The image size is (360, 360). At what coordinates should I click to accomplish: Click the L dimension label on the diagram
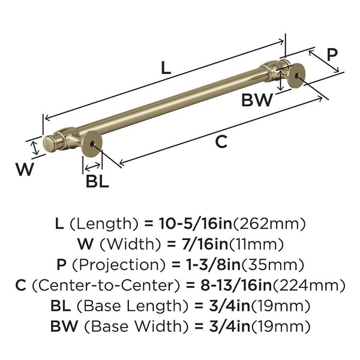[x=166, y=68]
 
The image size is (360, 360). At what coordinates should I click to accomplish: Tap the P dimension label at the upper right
[x=332, y=55]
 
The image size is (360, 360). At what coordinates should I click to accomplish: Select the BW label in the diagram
[x=257, y=100]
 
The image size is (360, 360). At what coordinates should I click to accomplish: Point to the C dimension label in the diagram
[x=221, y=142]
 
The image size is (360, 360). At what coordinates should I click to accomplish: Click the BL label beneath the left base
[x=97, y=181]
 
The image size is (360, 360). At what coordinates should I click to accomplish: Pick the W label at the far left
[x=25, y=169]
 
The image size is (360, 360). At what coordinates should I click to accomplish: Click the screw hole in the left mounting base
[x=92, y=144]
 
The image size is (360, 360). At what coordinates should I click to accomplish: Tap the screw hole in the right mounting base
[x=297, y=75]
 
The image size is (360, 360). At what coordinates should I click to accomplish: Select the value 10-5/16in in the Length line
[x=196, y=223]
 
